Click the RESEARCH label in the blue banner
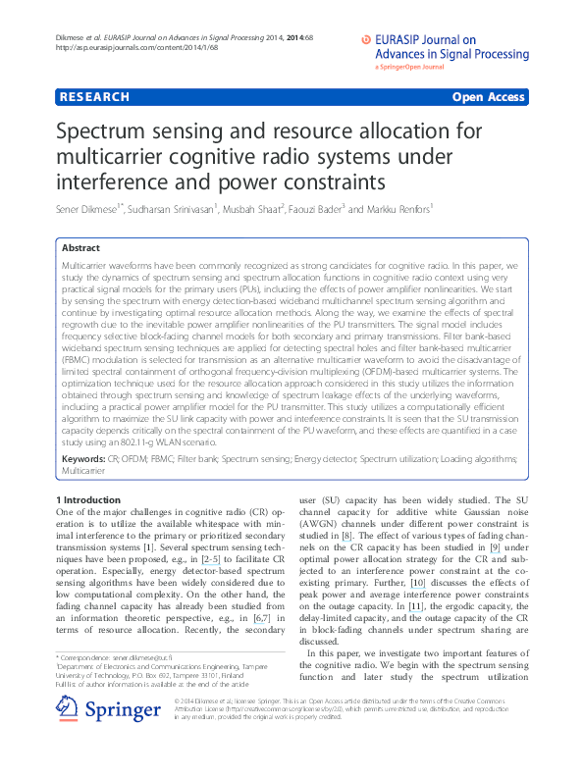coord(94,97)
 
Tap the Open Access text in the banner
coord(489,97)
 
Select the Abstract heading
coord(80,249)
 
